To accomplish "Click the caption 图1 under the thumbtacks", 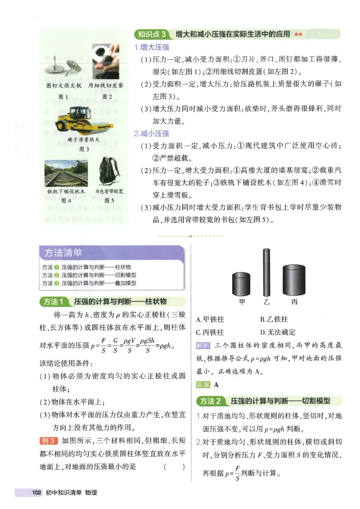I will tap(63, 96).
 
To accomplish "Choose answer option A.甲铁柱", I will tap(210, 320).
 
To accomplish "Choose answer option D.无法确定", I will tap(278, 333).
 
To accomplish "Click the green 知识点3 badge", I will tap(152, 34).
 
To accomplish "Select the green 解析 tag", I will tap(203, 346).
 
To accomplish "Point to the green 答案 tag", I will tap(203, 385).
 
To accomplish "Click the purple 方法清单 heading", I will tap(63, 253).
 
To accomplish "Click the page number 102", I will tap(36, 493).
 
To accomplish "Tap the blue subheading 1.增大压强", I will tap(152, 47).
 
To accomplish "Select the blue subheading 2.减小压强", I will tap(152, 134).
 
